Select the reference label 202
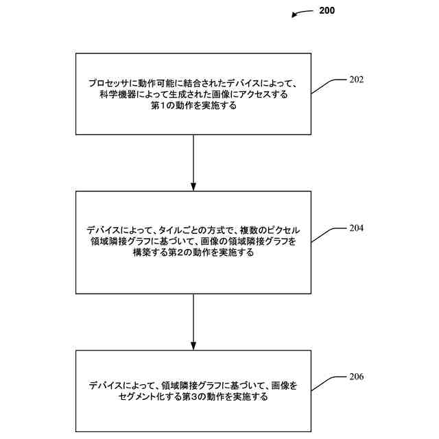coord(356,80)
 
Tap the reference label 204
coord(356,228)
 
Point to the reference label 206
coord(356,377)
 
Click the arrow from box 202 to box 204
coord(193,162)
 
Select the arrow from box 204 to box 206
coord(193,322)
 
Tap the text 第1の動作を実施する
coord(193,105)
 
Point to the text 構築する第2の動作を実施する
coord(193,252)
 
